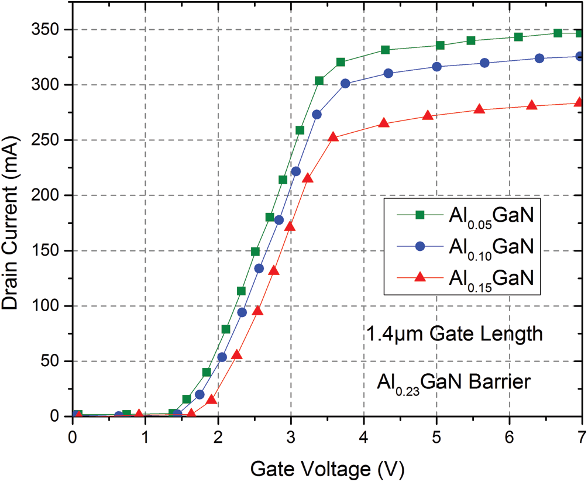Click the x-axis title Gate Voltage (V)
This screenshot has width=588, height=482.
(x=327, y=469)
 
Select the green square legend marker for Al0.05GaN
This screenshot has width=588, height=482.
(x=419, y=215)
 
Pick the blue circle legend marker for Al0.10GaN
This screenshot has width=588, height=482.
(x=419, y=246)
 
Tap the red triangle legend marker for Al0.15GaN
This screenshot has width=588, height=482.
(x=419, y=276)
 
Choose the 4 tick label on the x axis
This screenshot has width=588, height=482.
(x=363, y=437)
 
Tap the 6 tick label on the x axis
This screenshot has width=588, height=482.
(x=509, y=437)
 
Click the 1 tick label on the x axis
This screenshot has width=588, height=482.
(x=145, y=437)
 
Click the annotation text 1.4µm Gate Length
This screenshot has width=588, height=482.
(x=455, y=335)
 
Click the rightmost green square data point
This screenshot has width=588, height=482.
(x=580, y=33)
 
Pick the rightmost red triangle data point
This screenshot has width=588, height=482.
(x=580, y=102)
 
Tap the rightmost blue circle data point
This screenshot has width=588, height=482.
(x=580, y=57)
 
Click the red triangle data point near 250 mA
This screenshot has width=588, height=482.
(x=333, y=137)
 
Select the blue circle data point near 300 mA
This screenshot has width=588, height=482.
(x=345, y=84)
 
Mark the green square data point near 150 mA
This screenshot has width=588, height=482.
(x=255, y=252)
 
